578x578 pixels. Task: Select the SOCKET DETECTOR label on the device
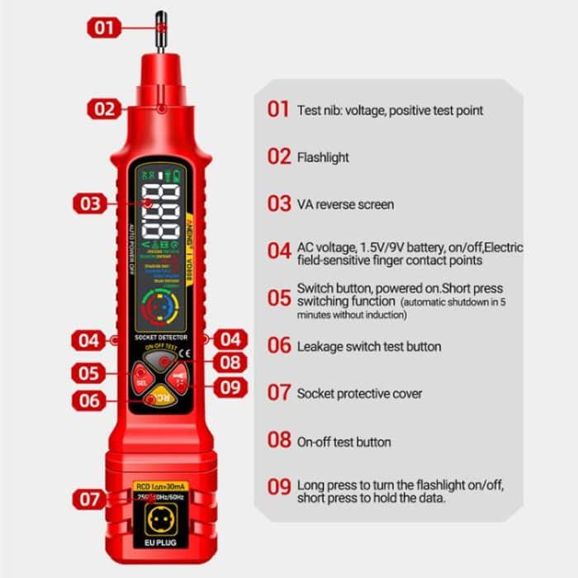click(x=161, y=339)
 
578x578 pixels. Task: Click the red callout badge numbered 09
click(x=231, y=386)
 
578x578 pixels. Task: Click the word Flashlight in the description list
click(x=323, y=157)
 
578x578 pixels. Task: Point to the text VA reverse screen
click(x=345, y=204)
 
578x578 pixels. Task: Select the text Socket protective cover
click(x=359, y=394)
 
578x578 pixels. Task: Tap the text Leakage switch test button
click(x=368, y=347)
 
